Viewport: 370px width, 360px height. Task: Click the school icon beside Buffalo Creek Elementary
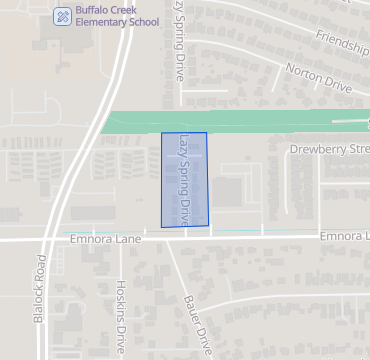(62, 16)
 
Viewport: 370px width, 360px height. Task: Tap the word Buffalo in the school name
(92, 10)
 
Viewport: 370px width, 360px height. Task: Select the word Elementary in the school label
(99, 23)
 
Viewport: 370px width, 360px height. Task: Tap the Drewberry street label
(329, 149)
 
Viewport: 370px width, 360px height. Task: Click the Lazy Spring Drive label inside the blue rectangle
(185, 178)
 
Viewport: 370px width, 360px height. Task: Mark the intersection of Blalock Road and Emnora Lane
(46, 240)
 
